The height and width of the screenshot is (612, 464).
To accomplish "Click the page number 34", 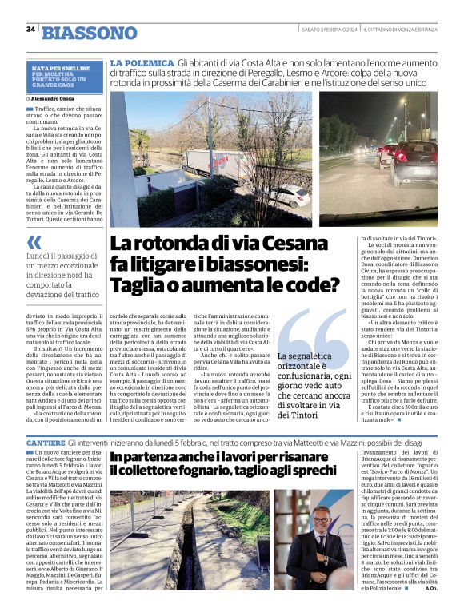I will pos(30,29).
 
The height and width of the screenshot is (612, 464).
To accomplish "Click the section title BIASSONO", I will pos(90,33).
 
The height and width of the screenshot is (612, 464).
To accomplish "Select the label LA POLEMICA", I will pos(142,62).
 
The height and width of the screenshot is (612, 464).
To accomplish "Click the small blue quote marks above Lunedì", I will pos(34,243).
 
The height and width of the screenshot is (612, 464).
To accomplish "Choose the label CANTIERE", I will pos(45,442).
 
